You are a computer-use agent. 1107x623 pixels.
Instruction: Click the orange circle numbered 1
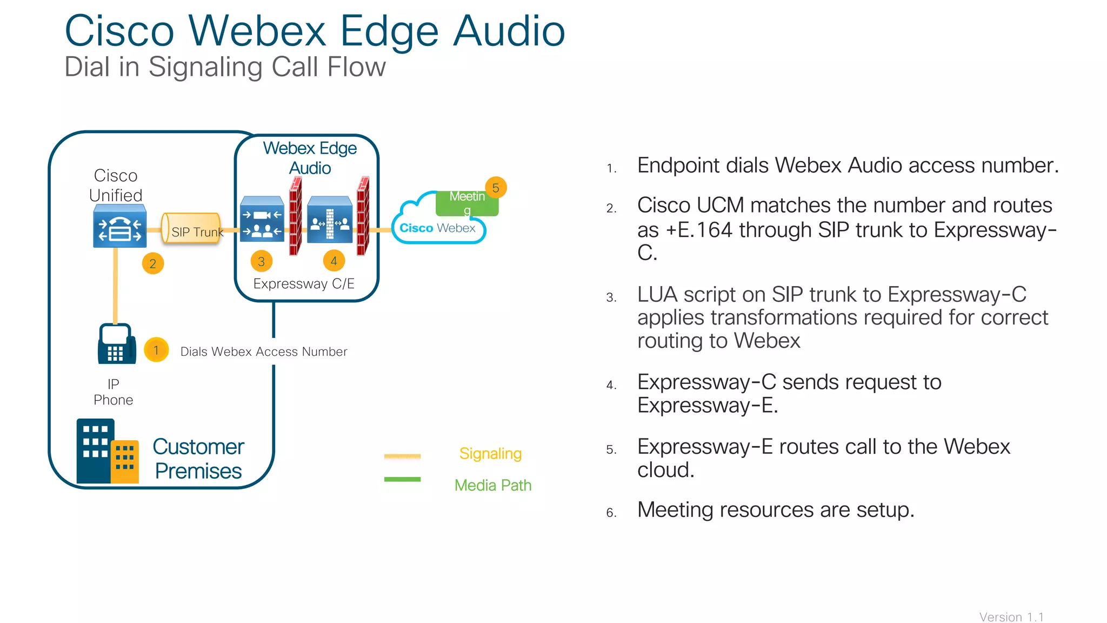pos(156,350)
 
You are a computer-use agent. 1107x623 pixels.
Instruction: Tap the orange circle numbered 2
pos(153,263)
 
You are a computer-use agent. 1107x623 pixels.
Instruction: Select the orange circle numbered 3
pos(262,262)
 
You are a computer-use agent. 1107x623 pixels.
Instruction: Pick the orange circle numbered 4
pos(334,261)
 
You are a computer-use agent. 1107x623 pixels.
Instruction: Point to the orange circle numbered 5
pos(496,188)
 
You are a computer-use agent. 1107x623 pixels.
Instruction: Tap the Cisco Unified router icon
pos(119,227)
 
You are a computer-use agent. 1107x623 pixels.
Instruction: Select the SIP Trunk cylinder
pos(191,228)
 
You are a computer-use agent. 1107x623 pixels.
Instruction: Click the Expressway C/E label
pos(304,283)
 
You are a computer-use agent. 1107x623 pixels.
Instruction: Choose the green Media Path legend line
pos(402,479)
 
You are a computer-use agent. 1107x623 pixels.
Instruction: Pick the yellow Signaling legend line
pos(402,456)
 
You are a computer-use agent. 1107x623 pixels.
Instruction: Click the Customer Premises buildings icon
pos(107,451)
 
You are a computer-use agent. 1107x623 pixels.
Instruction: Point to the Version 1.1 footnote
pos(1011,617)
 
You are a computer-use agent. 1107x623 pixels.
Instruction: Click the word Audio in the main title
pos(509,31)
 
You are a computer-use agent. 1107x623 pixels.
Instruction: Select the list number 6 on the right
pos(611,512)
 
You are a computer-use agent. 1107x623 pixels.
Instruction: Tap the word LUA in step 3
pos(656,295)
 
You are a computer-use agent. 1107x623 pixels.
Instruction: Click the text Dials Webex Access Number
pos(264,352)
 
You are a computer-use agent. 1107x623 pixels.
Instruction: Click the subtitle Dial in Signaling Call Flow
pos(225,67)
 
